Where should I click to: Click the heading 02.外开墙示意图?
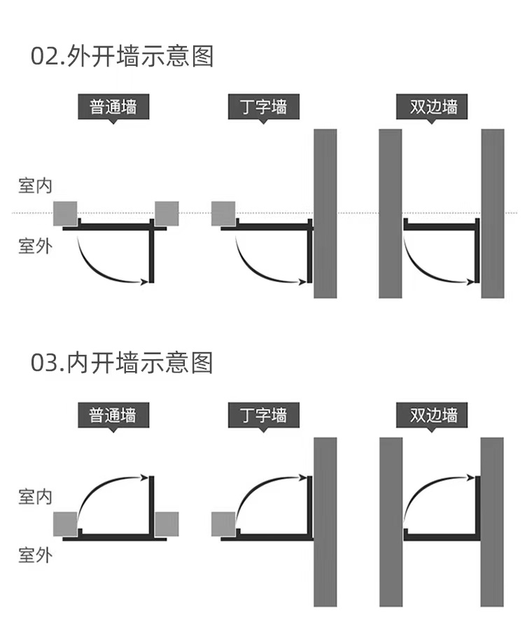[x=122, y=56]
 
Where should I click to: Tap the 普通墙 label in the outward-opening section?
[x=113, y=107]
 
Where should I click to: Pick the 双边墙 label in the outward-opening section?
[x=433, y=107]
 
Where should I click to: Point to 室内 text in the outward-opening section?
[x=35, y=186]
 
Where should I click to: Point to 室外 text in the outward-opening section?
[x=35, y=246]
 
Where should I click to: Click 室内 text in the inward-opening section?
[x=35, y=496]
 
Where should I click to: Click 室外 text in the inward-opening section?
[x=35, y=557]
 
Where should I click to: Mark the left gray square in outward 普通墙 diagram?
[x=65, y=214]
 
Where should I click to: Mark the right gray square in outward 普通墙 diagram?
[x=167, y=214]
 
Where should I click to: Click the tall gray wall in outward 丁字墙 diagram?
[x=325, y=214]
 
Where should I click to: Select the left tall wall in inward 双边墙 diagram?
[x=391, y=522]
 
